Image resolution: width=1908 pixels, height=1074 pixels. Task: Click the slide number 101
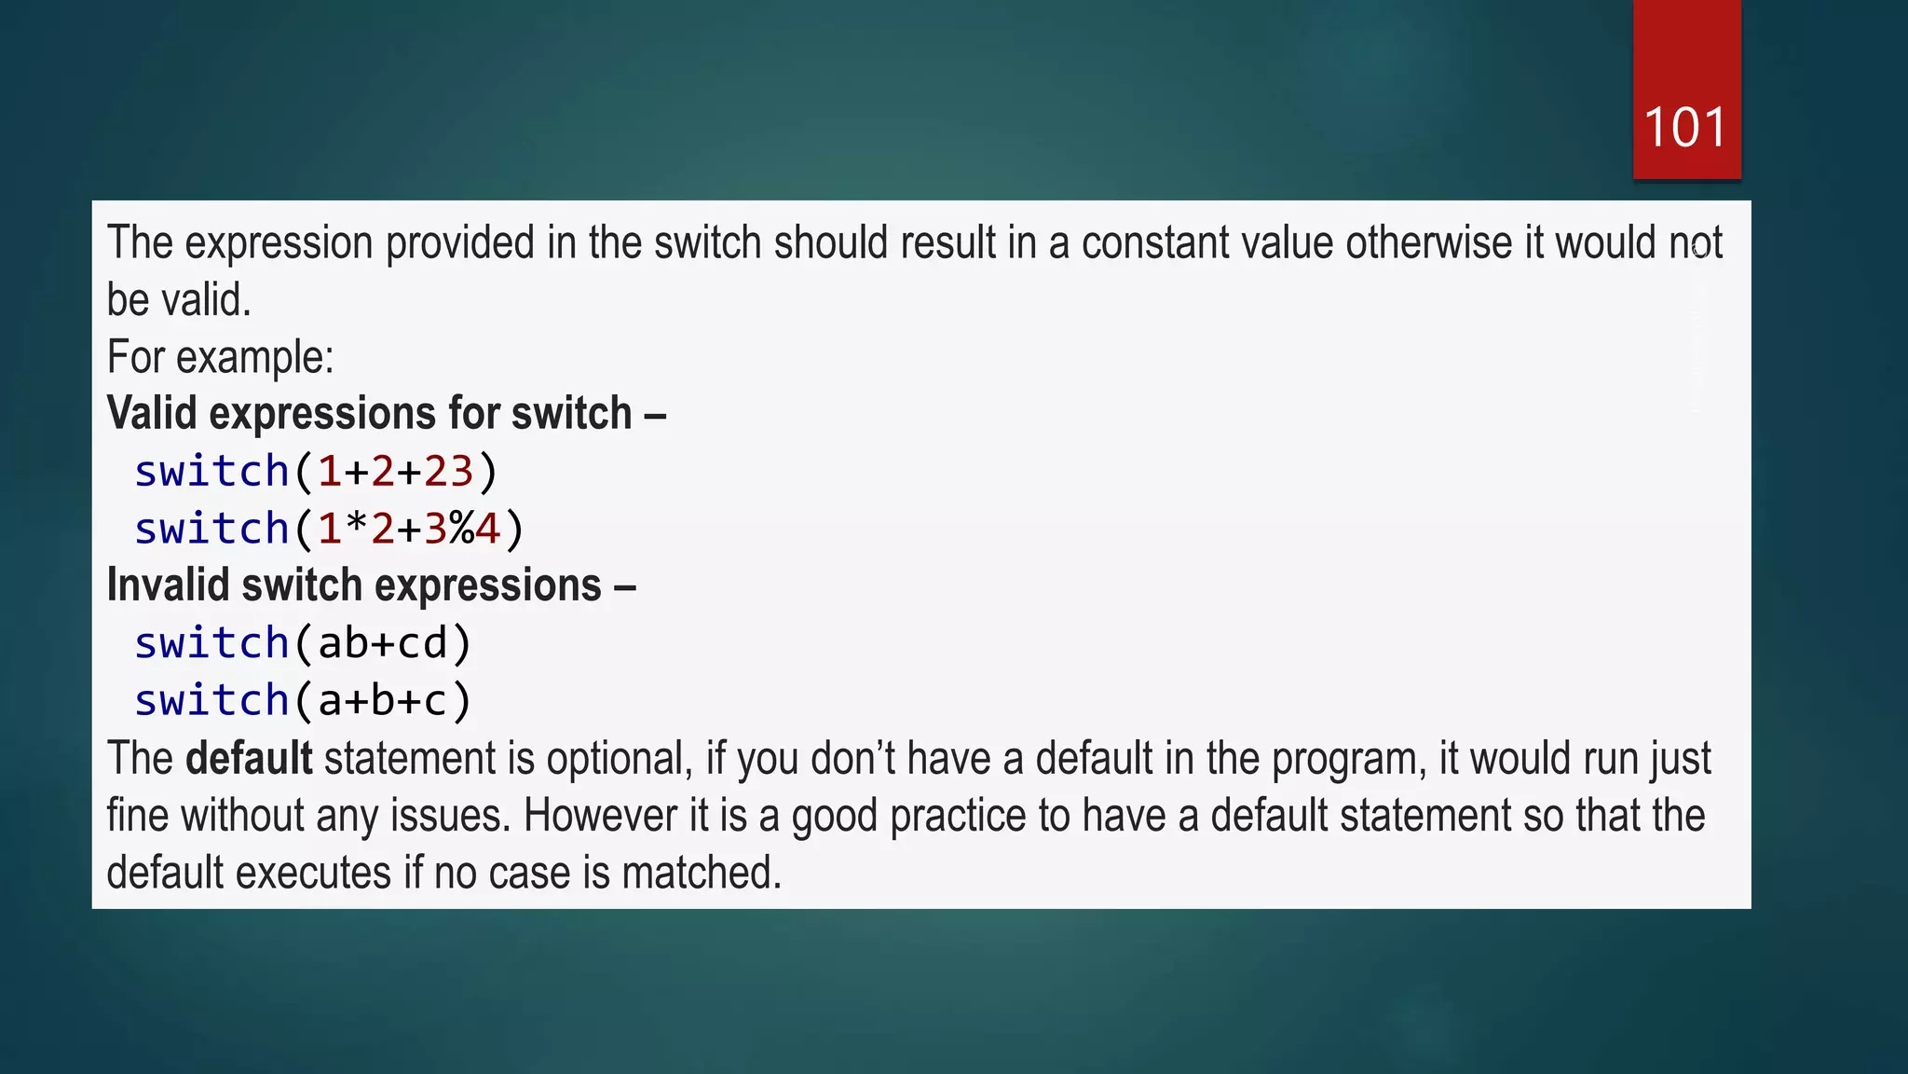pyautogui.click(x=1685, y=128)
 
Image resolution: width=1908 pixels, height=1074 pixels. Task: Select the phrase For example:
pyautogui.click(x=220, y=357)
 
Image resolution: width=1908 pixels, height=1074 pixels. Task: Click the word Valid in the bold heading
pyautogui.click(x=152, y=414)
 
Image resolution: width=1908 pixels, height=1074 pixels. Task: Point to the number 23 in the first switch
pyautogui.click(x=449, y=472)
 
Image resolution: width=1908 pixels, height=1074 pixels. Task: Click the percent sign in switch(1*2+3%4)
pyautogui.click(x=462, y=530)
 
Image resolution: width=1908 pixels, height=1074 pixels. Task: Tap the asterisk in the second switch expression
pyautogui.click(x=356, y=528)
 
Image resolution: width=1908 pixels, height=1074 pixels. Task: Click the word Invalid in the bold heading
pyautogui.click(x=168, y=586)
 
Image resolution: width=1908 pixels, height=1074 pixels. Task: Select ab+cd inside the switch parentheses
pyautogui.click(x=383, y=644)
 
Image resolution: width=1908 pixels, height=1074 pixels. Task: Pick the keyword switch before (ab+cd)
pyautogui.click(x=211, y=644)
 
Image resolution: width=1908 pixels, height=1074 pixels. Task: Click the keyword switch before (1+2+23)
pyautogui.click(x=211, y=472)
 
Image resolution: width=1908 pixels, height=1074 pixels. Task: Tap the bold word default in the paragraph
pyautogui.click(x=249, y=758)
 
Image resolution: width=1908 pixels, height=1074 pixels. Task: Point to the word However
pyautogui.click(x=600, y=817)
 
